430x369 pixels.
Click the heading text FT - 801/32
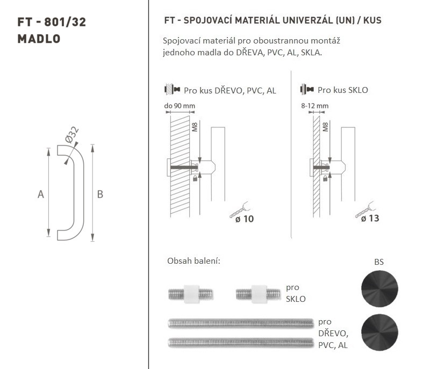coord(52,22)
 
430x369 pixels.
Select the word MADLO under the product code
coord(39,39)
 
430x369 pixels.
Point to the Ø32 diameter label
coord(72,134)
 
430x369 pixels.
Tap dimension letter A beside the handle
coord(41,194)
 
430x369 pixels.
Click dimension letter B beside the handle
coord(100,194)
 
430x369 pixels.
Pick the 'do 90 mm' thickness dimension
coord(180,106)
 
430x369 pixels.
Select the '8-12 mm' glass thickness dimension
coord(314,106)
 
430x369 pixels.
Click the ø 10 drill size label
coord(245,219)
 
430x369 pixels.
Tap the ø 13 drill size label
coord(370,218)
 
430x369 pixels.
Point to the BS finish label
coord(379,262)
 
